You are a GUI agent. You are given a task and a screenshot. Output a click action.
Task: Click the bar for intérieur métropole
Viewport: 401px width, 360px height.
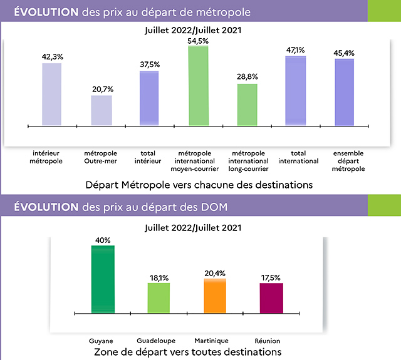(x=51, y=94)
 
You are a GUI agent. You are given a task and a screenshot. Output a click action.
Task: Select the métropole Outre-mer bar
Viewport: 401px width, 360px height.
(x=102, y=110)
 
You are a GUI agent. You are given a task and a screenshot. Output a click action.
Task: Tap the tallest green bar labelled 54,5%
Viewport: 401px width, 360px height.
(x=198, y=85)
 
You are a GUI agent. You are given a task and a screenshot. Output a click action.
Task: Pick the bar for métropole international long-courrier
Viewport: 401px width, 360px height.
(x=247, y=104)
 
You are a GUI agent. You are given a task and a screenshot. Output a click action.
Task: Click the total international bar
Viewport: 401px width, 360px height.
(x=296, y=91)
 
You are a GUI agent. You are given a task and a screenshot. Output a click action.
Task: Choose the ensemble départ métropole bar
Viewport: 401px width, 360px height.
(x=344, y=92)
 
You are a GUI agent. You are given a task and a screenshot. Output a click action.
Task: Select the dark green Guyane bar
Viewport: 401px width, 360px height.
(x=103, y=279)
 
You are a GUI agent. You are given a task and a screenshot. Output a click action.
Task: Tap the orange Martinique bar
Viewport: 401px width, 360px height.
(x=215, y=296)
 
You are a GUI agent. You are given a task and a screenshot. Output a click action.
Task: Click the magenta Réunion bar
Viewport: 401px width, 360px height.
(x=271, y=297)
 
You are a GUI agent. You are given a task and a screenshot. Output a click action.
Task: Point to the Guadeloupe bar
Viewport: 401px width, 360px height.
(x=159, y=297)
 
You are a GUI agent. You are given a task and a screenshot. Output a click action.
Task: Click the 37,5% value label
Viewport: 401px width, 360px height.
(x=149, y=64)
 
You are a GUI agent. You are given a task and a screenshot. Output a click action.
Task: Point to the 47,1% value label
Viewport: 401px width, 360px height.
(x=296, y=49)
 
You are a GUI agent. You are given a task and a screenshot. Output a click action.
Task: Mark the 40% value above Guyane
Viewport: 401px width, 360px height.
(x=103, y=239)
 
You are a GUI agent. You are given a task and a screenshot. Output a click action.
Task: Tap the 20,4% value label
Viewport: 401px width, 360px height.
(x=215, y=272)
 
